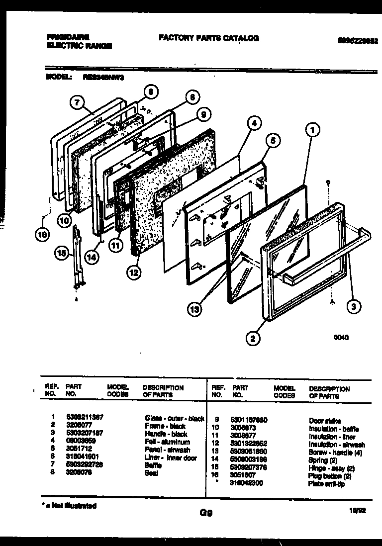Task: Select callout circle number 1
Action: tap(312, 131)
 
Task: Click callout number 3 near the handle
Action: tap(353, 307)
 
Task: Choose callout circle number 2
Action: tap(253, 339)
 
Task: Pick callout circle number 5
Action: tap(272, 140)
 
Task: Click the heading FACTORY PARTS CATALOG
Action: tap(209, 38)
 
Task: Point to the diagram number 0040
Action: tap(341, 337)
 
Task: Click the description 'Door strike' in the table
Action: tap(325, 421)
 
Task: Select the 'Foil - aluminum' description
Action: tap(167, 442)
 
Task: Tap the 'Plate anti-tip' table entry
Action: tap(326, 484)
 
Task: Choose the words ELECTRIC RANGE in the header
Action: tap(79, 46)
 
